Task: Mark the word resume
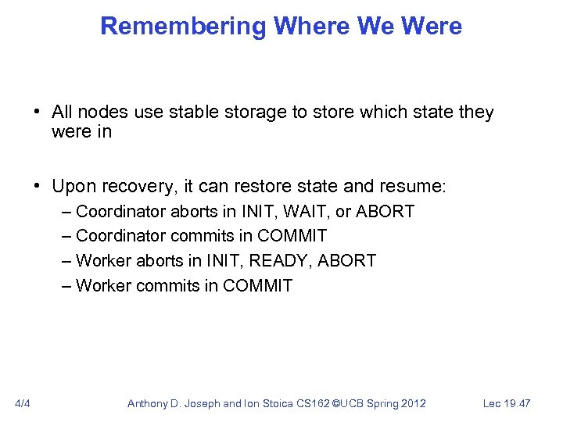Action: [415, 187]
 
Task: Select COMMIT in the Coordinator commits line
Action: [292, 236]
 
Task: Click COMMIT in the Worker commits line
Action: [257, 286]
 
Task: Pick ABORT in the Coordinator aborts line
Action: [385, 212]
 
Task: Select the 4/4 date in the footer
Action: [23, 403]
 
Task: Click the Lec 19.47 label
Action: [507, 403]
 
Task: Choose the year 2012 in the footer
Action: [411, 403]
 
